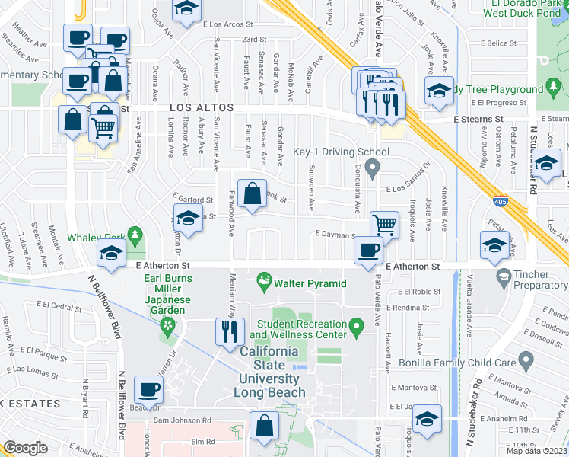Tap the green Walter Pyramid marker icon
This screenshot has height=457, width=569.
coord(265,283)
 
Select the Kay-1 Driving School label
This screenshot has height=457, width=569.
coord(341,152)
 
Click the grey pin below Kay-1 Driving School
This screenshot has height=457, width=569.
coord(373,167)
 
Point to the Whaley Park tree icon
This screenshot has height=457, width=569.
coord(135,234)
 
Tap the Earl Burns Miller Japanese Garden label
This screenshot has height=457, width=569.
coord(166,294)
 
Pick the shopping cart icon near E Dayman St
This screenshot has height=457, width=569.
coord(385,225)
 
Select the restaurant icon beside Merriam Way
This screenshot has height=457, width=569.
coord(229,331)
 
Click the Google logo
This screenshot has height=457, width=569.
coord(25,449)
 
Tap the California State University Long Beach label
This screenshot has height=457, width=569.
coord(272,372)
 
